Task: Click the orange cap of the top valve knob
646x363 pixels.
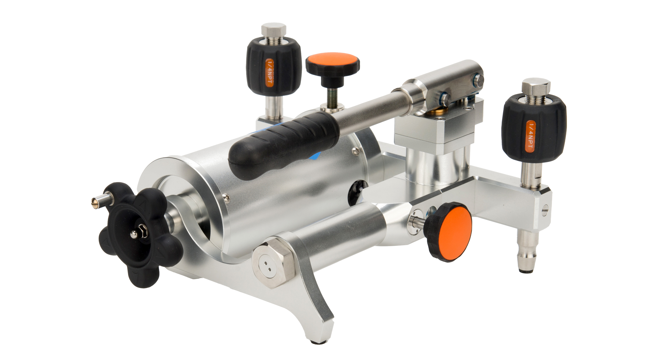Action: pyautogui.click(x=332, y=61)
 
